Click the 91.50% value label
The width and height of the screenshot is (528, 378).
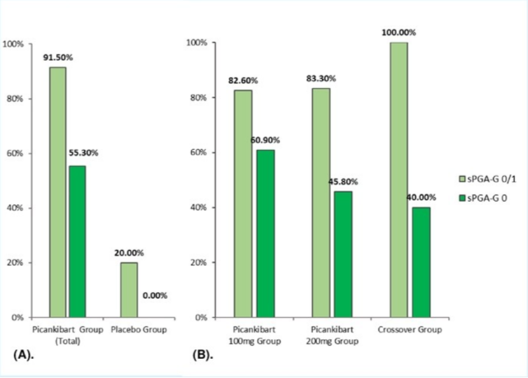[58, 57]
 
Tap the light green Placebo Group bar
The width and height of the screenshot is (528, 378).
[129, 289]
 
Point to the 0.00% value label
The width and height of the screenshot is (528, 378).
[155, 296]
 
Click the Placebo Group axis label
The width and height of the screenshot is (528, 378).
[138, 330]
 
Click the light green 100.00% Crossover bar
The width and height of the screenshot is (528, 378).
[399, 179]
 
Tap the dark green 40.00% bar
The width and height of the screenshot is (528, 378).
[421, 262]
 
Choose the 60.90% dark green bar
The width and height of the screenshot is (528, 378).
[265, 233]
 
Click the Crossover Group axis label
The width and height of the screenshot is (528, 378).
[410, 330]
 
